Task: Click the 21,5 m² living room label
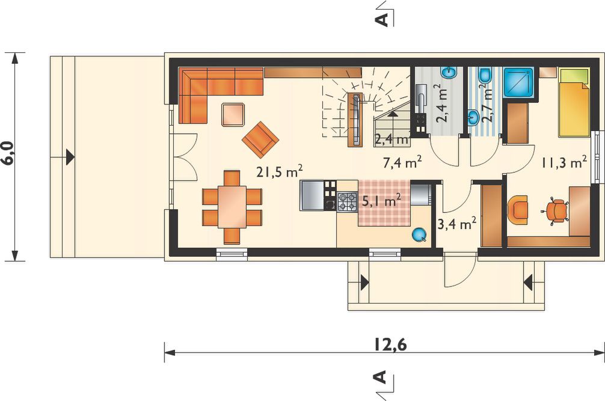(280, 172)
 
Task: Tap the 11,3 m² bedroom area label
(565, 162)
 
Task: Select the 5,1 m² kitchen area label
(381, 200)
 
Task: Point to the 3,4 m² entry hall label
(457, 223)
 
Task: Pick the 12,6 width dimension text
(390, 345)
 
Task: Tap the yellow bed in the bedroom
(574, 103)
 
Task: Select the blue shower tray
(520, 84)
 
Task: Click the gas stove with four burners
(347, 201)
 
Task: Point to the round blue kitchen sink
(419, 234)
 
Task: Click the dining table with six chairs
(232, 207)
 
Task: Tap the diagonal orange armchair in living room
(260, 139)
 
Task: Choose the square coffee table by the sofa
(233, 114)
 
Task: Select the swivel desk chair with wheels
(555, 211)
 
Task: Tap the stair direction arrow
(392, 114)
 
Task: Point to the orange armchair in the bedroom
(518, 210)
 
